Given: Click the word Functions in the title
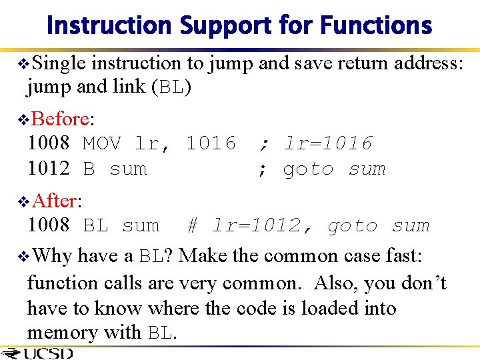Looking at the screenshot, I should click(377, 25).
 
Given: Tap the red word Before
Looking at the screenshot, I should click(59, 119).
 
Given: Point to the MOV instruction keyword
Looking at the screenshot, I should click(101, 143).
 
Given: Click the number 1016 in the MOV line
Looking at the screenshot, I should click(211, 143).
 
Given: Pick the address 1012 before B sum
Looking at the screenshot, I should click(48, 169).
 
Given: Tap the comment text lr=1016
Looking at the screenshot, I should click(328, 143).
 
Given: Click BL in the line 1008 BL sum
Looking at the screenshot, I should click(95, 226).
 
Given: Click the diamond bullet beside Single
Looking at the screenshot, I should click(22, 64).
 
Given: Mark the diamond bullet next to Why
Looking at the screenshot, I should click(22, 256).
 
